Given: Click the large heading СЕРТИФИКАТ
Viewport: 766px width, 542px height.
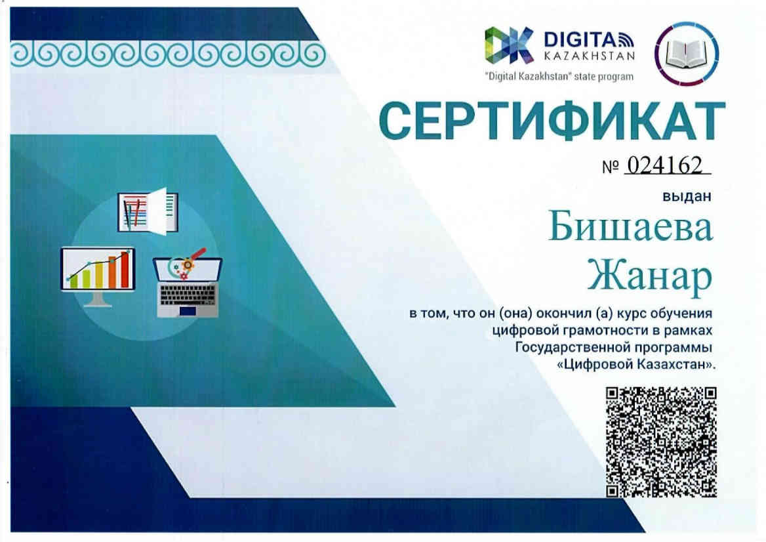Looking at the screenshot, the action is click(x=552, y=120).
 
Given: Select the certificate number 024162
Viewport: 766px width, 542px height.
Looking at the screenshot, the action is click(x=664, y=165).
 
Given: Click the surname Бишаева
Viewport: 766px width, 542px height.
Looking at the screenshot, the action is click(x=630, y=227).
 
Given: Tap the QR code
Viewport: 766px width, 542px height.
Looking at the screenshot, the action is click(x=662, y=442).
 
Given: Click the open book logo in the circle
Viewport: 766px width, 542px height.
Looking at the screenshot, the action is click(x=687, y=53).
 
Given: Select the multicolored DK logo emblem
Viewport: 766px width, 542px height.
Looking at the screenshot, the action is click(x=508, y=45).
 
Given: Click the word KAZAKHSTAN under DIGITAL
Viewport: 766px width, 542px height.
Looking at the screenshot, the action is click(x=589, y=56).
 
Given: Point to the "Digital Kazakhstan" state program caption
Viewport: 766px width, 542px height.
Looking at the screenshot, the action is click(x=559, y=76).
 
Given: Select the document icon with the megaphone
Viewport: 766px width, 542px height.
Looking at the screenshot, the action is click(x=148, y=211).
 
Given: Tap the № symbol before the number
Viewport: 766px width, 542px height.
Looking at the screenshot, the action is click(x=611, y=167).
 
